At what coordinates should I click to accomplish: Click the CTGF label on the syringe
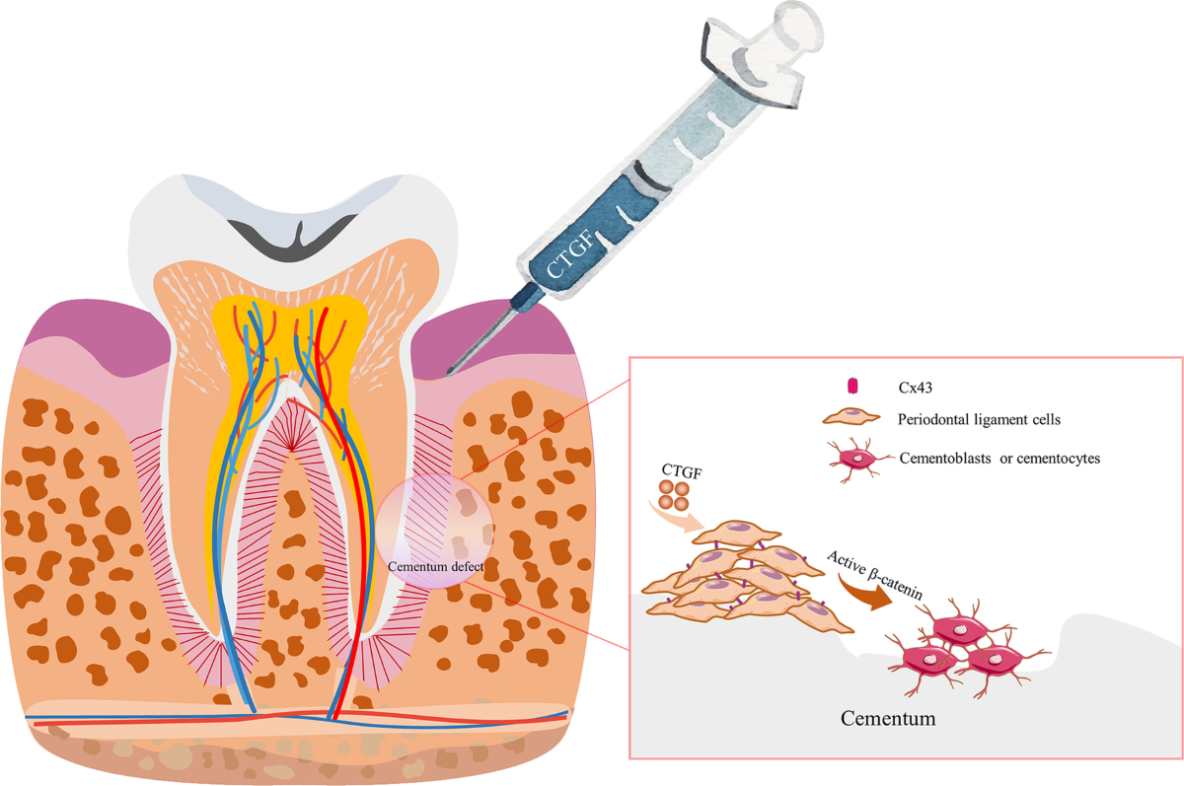(x=564, y=254)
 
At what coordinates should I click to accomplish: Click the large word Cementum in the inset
(x=888, y=718)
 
